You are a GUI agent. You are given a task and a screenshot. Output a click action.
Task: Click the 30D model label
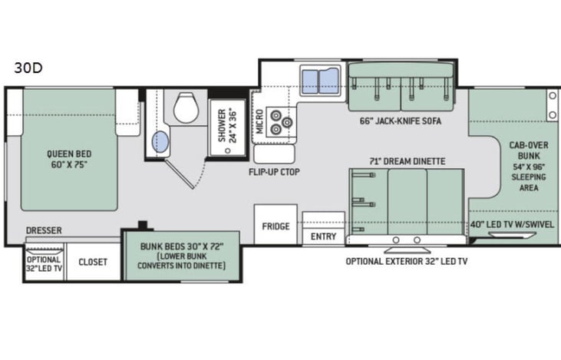click(x=28, y=68)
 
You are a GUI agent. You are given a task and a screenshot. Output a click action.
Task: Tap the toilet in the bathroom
click(x=186, y=107)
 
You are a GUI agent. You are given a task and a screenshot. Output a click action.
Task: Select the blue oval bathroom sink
click(x=160, y=142)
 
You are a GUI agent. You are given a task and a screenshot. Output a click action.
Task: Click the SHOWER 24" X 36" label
click(x=228, y=125)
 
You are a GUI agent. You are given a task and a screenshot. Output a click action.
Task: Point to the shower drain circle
click(x=228, y=150)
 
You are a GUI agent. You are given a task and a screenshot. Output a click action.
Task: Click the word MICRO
click(x=259, y=121)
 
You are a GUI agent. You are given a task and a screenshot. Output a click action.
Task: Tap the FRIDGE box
click(x=276, y=224)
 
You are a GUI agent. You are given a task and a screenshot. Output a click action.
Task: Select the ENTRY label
click(x=323, y=236)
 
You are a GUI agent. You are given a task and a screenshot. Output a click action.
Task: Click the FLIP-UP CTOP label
click(x=274, y=172)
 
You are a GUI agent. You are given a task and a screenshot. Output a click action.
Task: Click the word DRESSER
click(x=44, y=230)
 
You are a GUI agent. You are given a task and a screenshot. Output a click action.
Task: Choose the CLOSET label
click(x=93, y=262)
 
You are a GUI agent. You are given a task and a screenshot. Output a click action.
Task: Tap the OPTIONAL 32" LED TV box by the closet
click(x=44, y=262)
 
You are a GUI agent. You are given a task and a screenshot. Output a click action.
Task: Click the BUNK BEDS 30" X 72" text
click(x=182, y=246)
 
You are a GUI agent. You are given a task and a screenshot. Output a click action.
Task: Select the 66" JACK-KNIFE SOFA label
click(x=401, y=121)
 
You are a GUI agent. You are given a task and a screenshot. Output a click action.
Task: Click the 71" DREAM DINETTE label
click(x=408, y=161)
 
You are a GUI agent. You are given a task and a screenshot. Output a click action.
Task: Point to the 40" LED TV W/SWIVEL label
click(x=512, y=224)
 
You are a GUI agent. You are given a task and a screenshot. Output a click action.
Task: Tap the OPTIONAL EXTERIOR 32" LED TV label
click(x=407, y=262)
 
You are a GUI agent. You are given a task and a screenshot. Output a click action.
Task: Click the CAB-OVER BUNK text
click(x=529, y=150)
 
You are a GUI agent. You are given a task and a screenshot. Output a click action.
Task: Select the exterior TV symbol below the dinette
click(x=407, y=249)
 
